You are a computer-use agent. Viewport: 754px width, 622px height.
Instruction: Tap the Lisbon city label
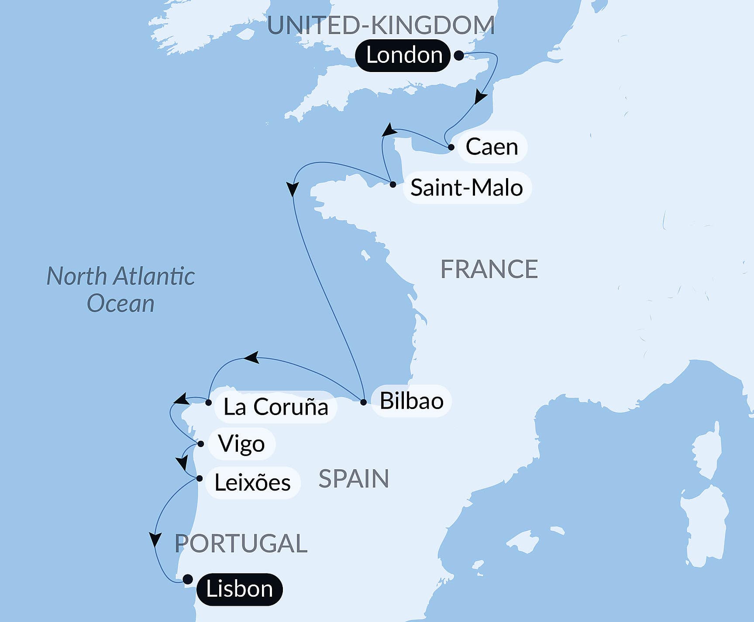pyautogui.click(x=239, y=589)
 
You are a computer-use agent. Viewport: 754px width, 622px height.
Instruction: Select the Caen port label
pyautogui.click(x=492, y=147)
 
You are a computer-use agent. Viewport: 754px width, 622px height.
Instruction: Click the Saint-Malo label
pyautogui.click(x=466, y=188)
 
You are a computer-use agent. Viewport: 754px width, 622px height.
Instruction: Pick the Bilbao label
pyautogui.click(x=411, y=401)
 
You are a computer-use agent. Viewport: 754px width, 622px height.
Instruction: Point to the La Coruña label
pyautogui.click(x=275, y=407)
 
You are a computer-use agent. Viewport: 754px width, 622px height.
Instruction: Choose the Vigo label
pyautogui.click(x=241, y=444)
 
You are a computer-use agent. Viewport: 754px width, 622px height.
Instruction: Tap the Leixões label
pyautogui.click(x=252, y=482)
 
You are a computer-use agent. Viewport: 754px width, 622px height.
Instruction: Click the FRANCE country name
pyautogui.click(x=489, y=269)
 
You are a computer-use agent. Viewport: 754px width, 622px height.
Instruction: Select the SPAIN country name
pyautogui.click(x=354, y=479)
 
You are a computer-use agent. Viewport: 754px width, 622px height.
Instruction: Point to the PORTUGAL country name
pyautogui.click(x=241, y=543)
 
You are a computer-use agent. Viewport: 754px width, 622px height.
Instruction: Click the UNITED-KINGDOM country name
pyautogui.click(x=381, y=25)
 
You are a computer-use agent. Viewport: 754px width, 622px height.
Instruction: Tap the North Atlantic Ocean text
pyautogui.click(x=121, y=289)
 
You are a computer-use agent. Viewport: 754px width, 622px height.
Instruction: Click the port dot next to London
pyautogui.click(x=459, y=55)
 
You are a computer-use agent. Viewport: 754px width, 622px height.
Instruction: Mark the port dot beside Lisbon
pyautogui.click(x=188, y=579)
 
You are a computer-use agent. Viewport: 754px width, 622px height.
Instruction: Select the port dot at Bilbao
pyautogui.click(x=363, y=402)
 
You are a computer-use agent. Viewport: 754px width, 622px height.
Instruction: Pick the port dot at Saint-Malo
pyautogui.click(x=393, y=184)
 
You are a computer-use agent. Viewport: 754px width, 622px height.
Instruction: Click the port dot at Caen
pyautogui.click(x=451, y=147)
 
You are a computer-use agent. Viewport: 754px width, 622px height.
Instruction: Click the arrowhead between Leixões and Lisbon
pyautogui.click(x=155, y=539)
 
